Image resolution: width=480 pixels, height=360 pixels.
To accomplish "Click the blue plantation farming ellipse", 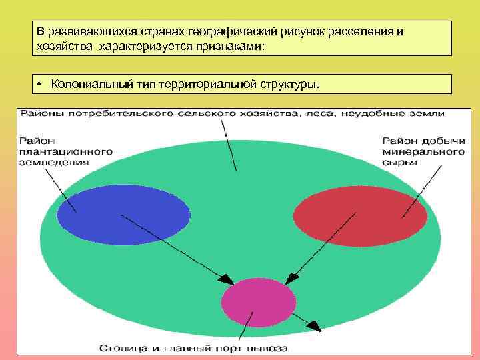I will tap(123, 215).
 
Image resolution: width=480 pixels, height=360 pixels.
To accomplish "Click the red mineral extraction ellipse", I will tap(360, 214).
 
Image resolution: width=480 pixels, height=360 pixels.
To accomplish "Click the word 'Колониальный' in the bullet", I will tap(85, 85).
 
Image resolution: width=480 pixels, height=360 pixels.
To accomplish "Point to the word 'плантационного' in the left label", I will tap(65, 151).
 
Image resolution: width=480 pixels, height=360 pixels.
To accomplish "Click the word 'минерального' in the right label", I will tap(423, 151).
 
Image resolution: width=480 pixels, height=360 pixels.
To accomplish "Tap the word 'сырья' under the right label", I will tap(399, 162).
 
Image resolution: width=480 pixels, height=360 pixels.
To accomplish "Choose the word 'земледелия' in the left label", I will tap(54, 162).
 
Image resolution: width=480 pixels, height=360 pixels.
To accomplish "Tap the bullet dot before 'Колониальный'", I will tap(41, 85).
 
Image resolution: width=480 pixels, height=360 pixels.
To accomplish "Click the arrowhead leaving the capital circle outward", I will tap(315, 327).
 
